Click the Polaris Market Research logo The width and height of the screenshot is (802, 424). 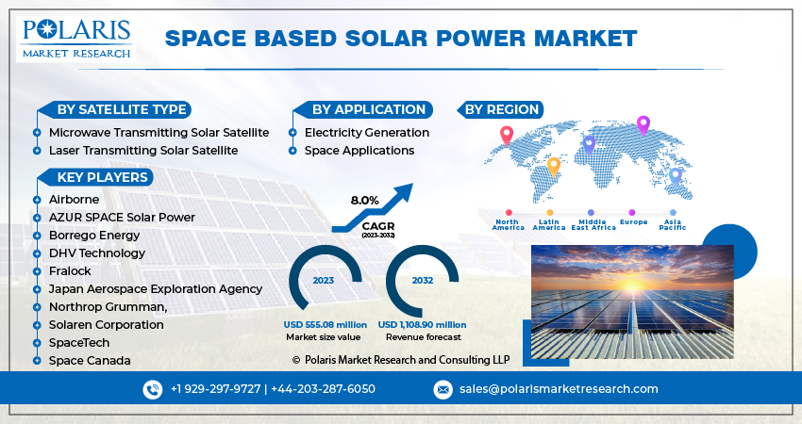pyautogui.click(x=75, y=37)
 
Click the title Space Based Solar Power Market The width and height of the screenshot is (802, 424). pyautogui.click(x=400, y=39)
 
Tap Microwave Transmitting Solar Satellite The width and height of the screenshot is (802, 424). pyautogui.click(x=159, y=133)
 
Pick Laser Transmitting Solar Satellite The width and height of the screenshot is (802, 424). pyautogui.click(x=142, y=150)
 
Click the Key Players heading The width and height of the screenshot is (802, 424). pyautogui.click(x=102, y=177)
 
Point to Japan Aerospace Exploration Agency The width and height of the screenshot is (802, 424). pyautogui.click(x=156, y=288)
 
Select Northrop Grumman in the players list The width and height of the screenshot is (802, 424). pyautogui.click(x=108, y=306)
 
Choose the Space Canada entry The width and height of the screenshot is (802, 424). pyautogui.click(x=90, y=360)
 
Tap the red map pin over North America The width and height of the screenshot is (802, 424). pyautogui.click(x=507, y=136)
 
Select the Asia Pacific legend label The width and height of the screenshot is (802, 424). pyautogui.click(x=673, y=224)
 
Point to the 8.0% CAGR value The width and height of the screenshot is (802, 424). pyautogui.click(x=364, y=201)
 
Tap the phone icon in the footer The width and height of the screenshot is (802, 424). pyautogui.click(x=153, y=389)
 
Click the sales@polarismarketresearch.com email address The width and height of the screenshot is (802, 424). pyautogui.click(x=559, y=389)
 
